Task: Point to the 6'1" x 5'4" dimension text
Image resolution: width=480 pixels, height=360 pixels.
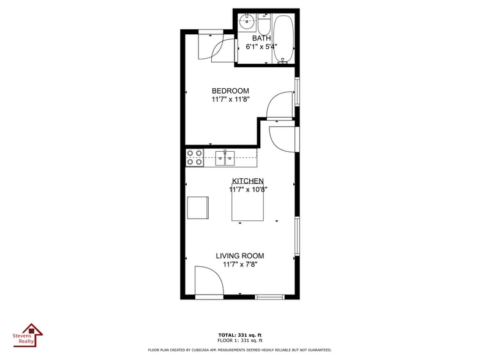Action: (261, 47)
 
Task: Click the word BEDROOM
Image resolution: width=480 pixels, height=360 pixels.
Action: (230, 91)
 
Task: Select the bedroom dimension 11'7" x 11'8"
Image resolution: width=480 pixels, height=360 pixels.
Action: (230, 99)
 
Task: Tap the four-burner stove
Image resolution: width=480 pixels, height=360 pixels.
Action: (195, 157)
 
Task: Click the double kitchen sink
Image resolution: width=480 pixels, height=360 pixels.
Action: (225, 158)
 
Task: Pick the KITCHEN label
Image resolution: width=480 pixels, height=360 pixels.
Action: (248, 181)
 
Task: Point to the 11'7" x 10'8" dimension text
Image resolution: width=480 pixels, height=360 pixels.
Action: (248, 190)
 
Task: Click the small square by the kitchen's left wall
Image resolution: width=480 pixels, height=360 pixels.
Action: (198, 208)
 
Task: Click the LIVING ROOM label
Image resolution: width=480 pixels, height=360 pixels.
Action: (240, 256)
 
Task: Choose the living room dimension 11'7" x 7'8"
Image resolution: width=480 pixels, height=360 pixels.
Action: (240, 264)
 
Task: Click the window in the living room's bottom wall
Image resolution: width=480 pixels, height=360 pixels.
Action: (269, 297)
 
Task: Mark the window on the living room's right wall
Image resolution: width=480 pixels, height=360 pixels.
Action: (297, 236)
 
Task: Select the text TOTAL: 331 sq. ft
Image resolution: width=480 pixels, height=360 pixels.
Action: (240, 335)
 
